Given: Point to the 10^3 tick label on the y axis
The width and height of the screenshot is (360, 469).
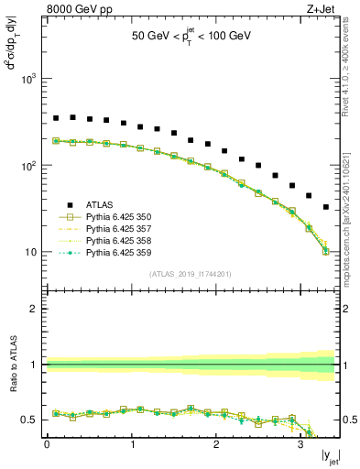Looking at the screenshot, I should pyautogui.click(x=27, y=80).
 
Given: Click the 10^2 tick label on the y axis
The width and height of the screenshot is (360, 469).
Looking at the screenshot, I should pyautogui.click(x=27, y=166).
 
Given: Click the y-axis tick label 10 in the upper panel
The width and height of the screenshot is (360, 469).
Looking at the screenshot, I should pyautogui.click(x=30, y=252).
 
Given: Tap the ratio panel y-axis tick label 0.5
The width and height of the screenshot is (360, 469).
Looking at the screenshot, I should pyautogui.click(x=27, y=420).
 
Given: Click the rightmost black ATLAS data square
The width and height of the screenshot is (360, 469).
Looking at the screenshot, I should pyautogui.click(x=326, y=207).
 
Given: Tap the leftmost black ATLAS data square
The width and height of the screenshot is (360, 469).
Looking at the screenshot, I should pyautogui.click(x=56, y=118).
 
